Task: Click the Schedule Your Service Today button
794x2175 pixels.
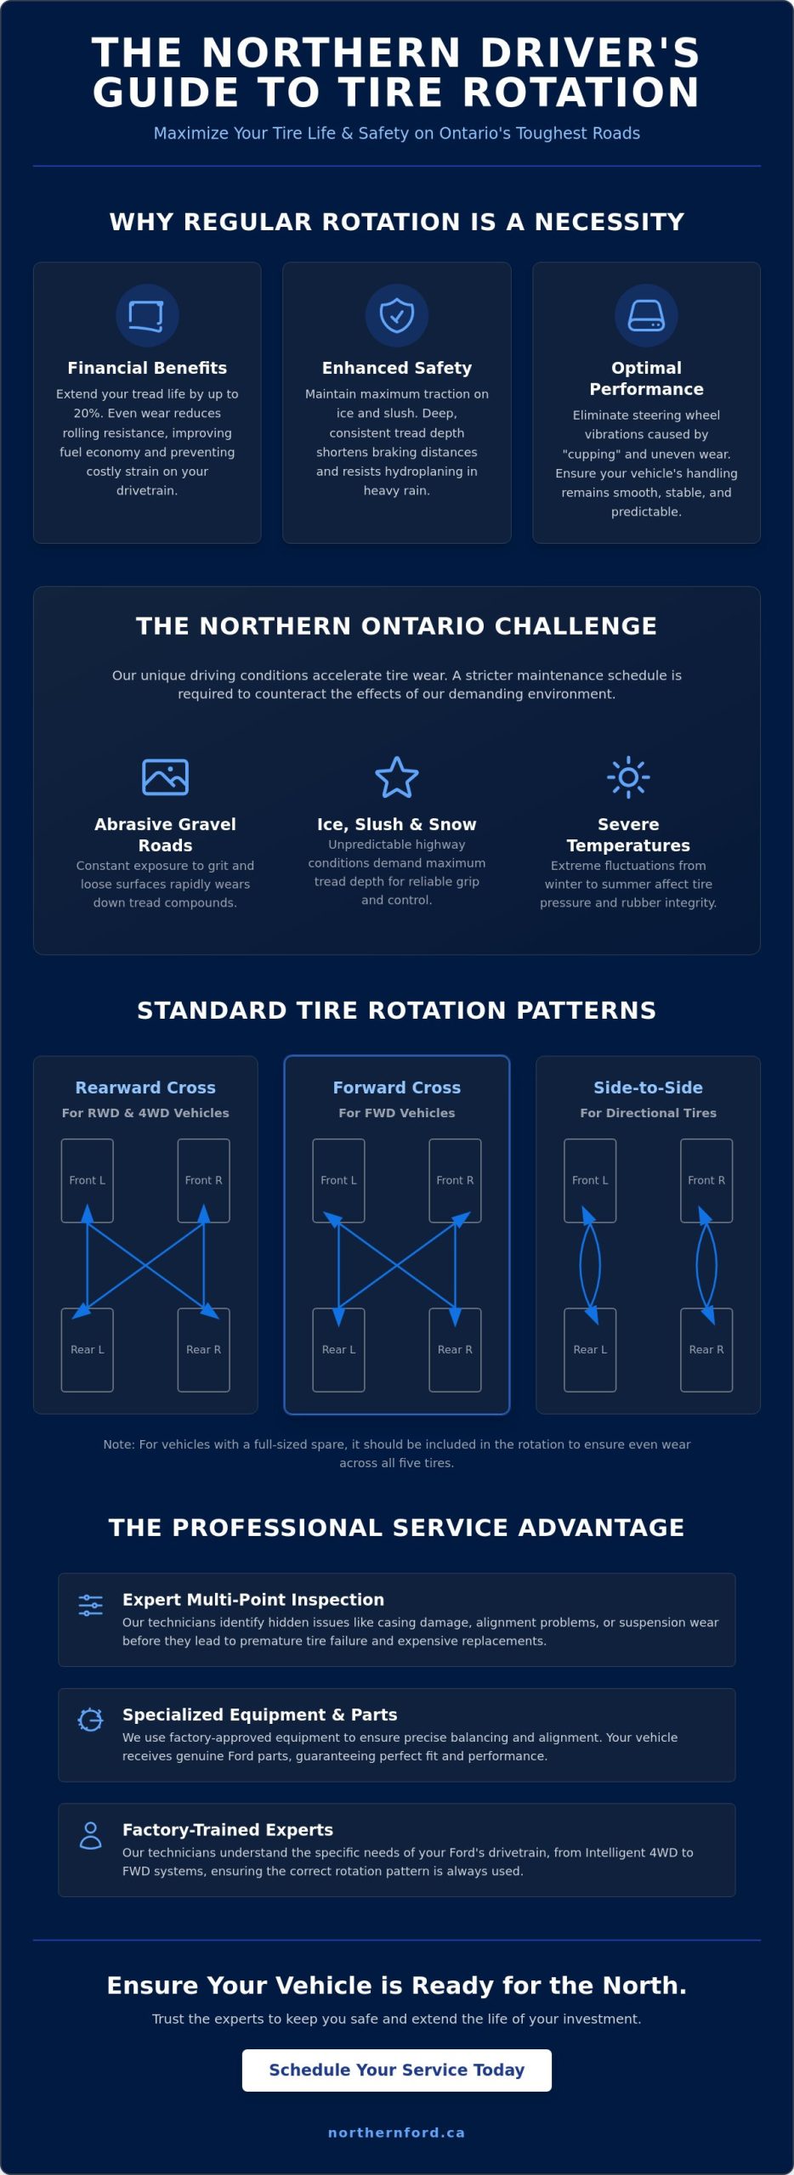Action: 397,2070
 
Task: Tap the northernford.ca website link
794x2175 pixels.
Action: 397,2133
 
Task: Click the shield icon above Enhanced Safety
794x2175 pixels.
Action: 397,315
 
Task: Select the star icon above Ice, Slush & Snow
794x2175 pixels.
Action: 397,777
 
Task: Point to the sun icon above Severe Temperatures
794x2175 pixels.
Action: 628,777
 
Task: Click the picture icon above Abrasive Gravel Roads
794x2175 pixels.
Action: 165,777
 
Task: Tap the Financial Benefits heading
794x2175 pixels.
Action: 147,368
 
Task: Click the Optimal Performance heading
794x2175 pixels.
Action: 646,378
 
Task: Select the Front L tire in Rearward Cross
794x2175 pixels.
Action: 88,1180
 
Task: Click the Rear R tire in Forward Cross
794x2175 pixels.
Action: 455,1349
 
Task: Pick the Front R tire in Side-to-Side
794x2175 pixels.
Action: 706,1180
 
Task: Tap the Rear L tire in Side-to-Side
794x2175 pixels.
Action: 590,1349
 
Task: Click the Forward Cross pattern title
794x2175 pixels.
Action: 397,1087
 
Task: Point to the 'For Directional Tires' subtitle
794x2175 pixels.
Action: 648,1113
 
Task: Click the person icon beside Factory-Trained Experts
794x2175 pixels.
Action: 90,1835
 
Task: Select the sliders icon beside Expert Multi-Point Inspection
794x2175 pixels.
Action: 90,1605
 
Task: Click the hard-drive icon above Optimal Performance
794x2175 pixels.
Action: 646,315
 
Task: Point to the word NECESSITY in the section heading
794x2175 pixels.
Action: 610,222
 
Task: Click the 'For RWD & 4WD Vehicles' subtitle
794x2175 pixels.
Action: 145,1113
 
